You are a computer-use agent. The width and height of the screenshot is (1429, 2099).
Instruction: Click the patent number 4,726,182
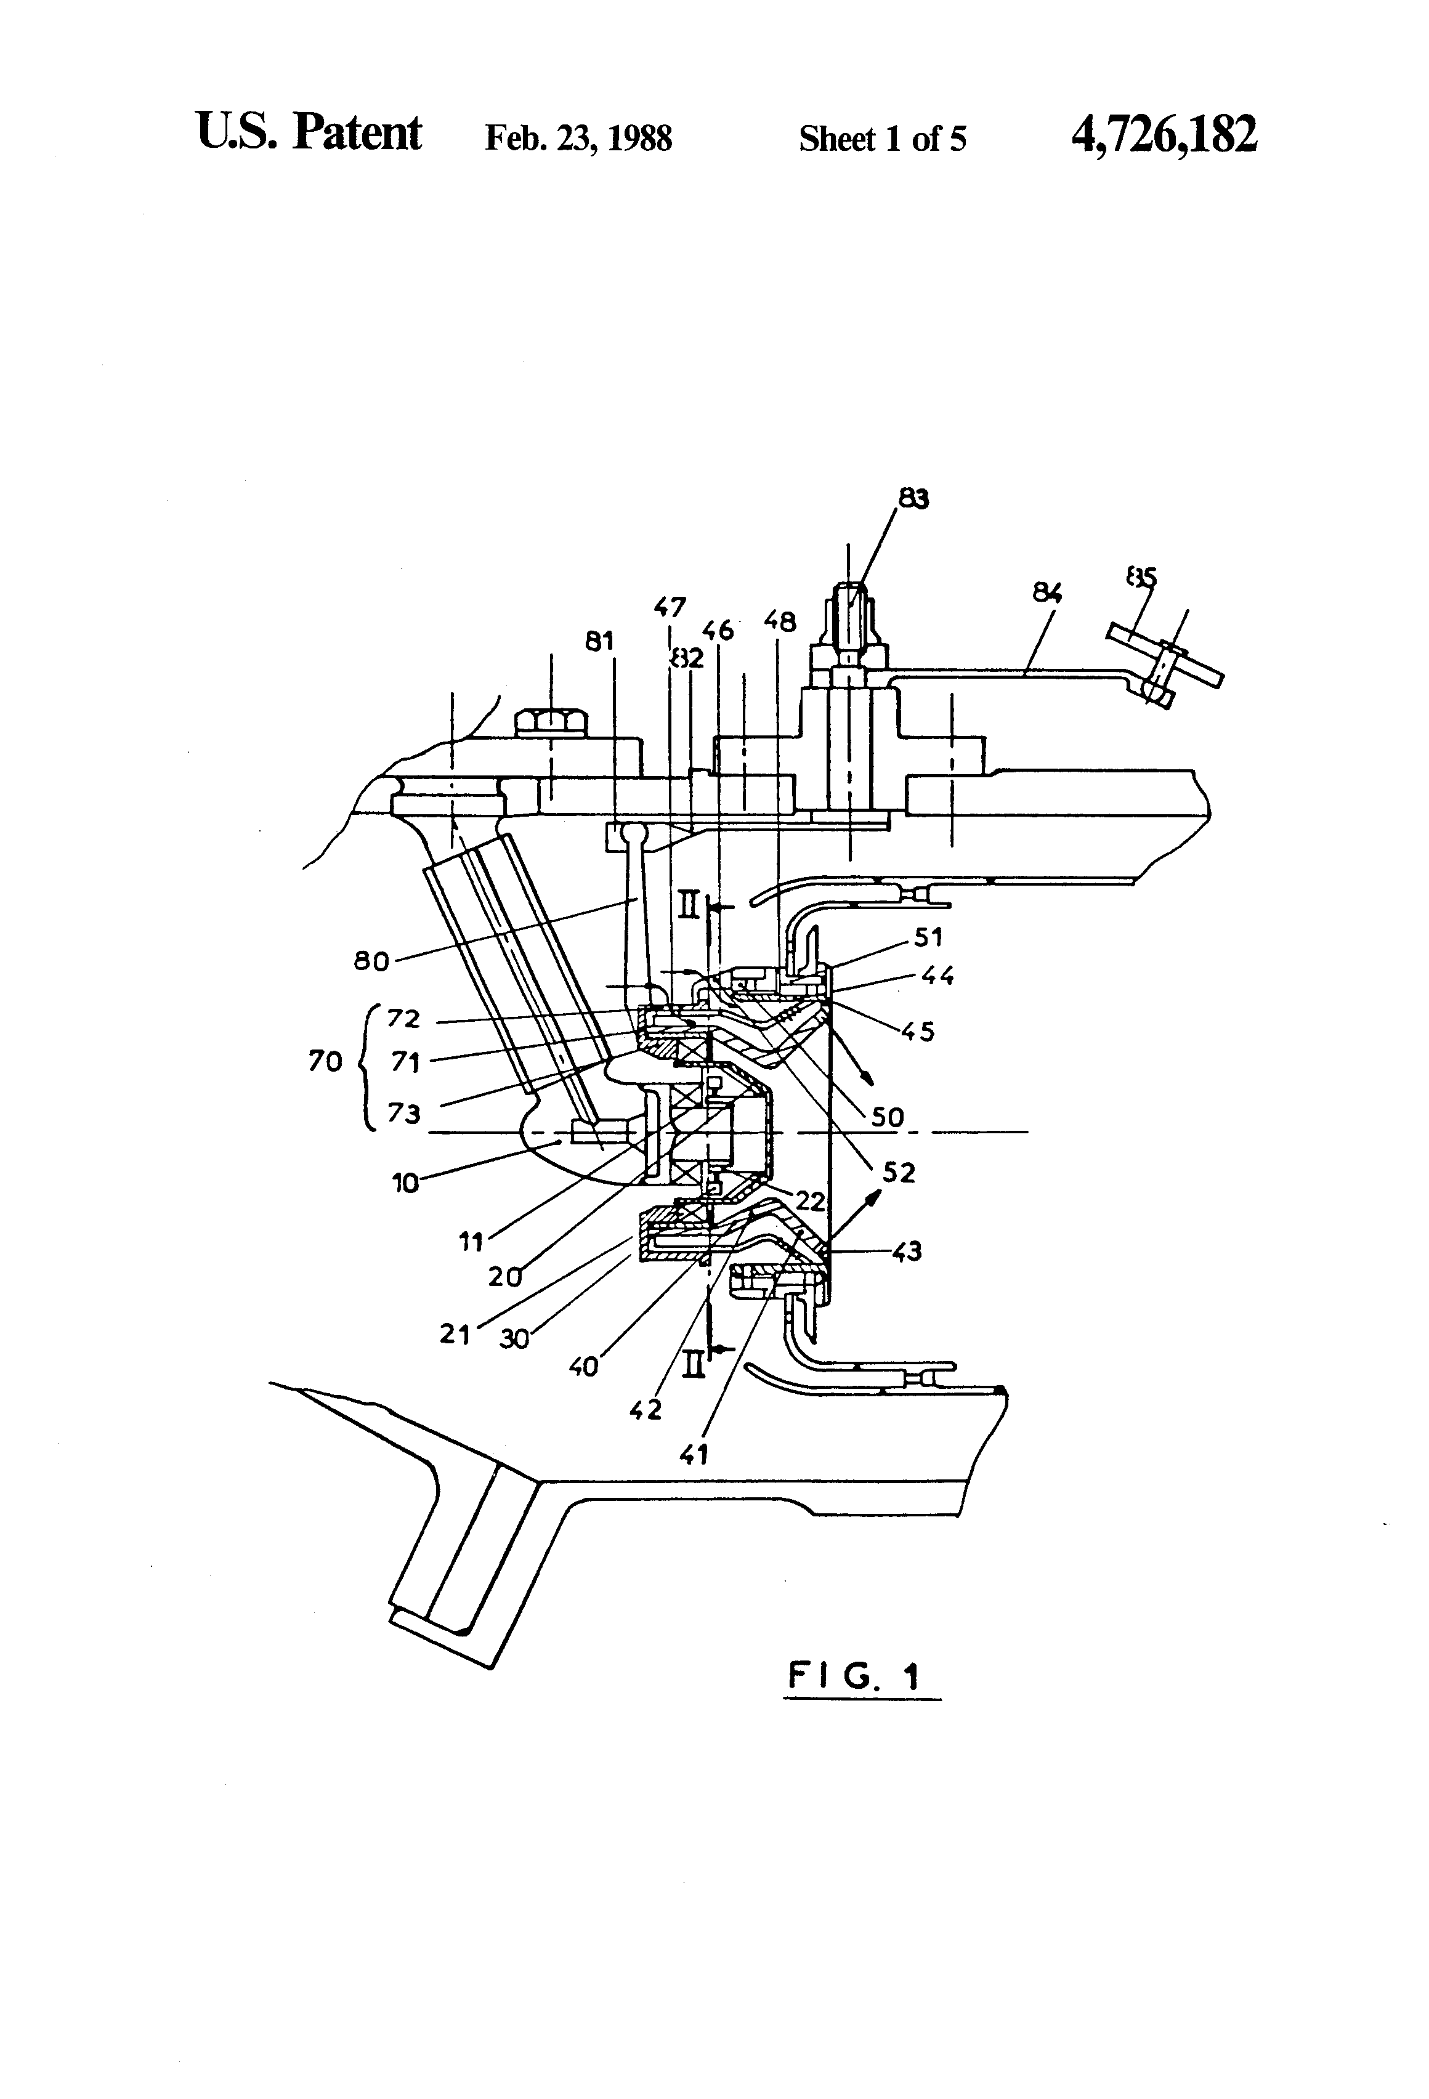pos(1164,135)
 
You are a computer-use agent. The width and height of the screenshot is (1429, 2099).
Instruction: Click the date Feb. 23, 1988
pos(578,138)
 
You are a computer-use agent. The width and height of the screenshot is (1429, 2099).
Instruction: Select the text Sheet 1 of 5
pos(883,138)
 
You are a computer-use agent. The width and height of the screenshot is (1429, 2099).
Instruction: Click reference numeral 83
pos(914,498)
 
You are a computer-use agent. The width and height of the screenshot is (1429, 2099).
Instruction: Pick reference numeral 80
pos(371,961)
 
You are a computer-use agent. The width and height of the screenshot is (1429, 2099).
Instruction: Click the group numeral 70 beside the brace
pos(325,1061)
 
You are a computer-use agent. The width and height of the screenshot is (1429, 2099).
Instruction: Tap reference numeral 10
pos(405,1183)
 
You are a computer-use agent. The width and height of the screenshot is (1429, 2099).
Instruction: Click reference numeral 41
pos(694,1454)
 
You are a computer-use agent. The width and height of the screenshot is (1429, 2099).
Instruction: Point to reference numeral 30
pos(514,1338)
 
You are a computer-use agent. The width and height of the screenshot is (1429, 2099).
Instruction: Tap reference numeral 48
pos(780,621)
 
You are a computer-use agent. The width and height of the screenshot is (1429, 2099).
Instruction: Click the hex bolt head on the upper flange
pos(551,722)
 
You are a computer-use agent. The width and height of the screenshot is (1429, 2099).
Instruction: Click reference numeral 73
pos(404,1114)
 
